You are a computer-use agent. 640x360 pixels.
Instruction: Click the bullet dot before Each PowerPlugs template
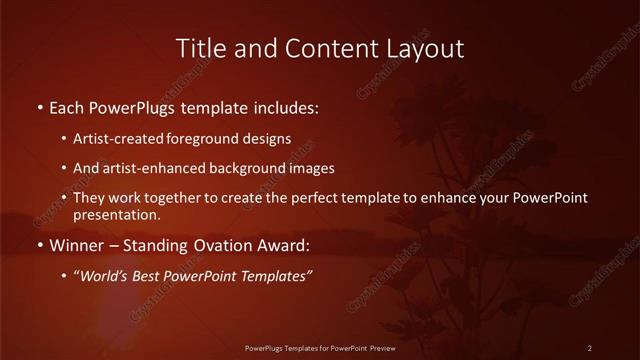[x=39, y=105]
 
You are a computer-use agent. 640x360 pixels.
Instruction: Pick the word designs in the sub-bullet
[x=270, y=138]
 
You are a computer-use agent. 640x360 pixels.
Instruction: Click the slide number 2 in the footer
[x=590, y=347]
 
